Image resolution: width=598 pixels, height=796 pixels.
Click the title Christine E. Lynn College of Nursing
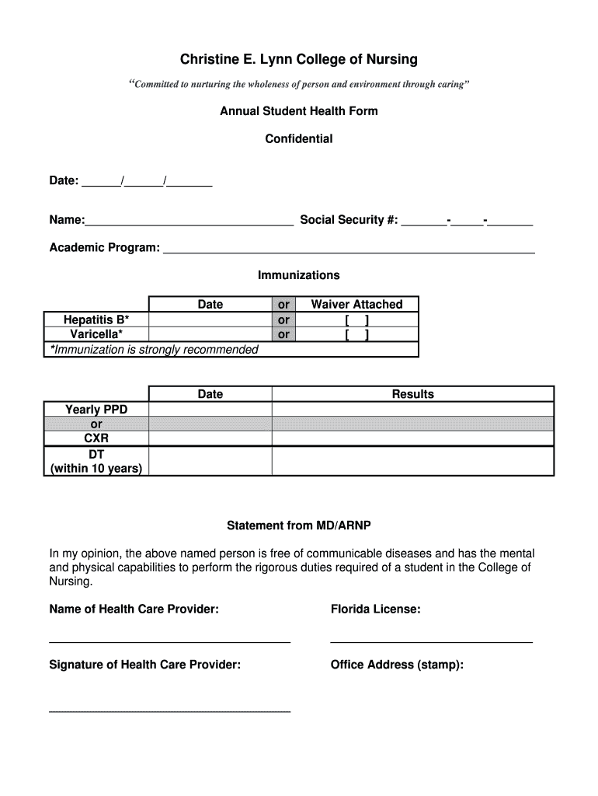[x=299, y=59]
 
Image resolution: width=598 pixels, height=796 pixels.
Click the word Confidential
[x=299, y=139]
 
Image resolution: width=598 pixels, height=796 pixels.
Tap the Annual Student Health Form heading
[x=299, y=111]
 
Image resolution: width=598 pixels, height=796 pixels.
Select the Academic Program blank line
[x=349, y=250]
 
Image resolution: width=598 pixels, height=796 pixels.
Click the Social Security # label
[x=349, y=220]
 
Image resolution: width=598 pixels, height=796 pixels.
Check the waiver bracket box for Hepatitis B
[x=356, y=320]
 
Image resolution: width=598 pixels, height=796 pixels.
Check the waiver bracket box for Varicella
[x=356, y=335]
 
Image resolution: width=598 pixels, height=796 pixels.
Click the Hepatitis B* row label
[x=96, y=320]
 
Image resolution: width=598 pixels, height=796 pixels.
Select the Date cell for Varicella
[x=210, y=335]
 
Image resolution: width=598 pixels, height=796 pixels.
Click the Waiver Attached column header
[x=356, y=305]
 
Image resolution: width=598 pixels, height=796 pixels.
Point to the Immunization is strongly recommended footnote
[x=155, y=350]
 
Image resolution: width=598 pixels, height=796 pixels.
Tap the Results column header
[x=412, y=394]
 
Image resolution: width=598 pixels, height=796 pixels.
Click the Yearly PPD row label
[x=96, y=409]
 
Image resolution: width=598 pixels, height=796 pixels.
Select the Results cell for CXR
[x=412, y=438]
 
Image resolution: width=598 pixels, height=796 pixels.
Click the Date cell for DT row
[x=210, y=461]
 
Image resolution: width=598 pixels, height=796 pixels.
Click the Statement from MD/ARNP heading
[x=299, y=526]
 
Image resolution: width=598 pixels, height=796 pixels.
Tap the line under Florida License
[x=431, y=641]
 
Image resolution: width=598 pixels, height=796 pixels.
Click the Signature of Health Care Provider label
[x=145, y=665]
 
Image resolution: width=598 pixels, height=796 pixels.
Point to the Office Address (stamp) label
[x=397, y=665]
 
